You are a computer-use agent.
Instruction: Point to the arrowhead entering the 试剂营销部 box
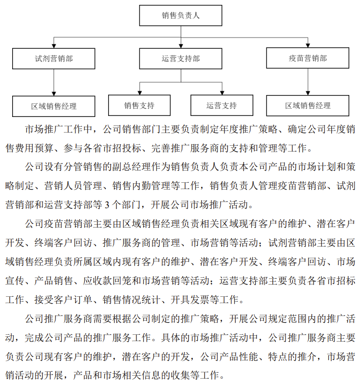pos(54,46)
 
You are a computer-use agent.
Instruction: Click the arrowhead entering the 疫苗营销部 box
pos(308,45)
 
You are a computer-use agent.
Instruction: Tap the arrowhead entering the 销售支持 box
pos(140,93)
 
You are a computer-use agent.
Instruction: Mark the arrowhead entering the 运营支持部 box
pos(181,46)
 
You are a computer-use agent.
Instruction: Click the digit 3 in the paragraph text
pos(107,205)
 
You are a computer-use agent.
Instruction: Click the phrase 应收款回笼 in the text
pos(107,281)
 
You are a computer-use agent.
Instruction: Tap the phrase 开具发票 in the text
pos(190,300)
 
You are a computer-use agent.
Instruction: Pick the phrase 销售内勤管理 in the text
pos(141,186)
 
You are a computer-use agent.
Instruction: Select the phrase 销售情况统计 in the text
pos(132,300)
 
